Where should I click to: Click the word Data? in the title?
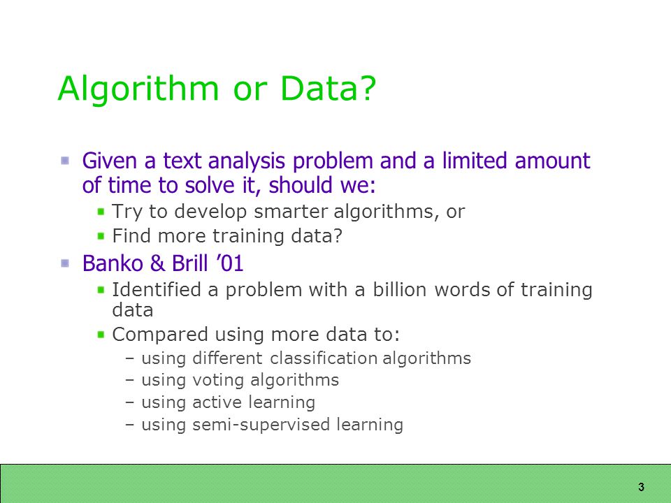[328, 88]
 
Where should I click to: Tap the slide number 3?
[641, 487]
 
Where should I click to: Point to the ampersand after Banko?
[157, 263]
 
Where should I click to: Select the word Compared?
[159, 335]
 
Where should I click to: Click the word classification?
[324, 358]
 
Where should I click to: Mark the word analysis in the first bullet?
[247, 161]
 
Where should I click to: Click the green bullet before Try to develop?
[101, 211]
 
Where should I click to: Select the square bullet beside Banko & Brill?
[65, 263]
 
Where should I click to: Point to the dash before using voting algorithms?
[130, 380]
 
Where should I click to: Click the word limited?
[475, 161]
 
